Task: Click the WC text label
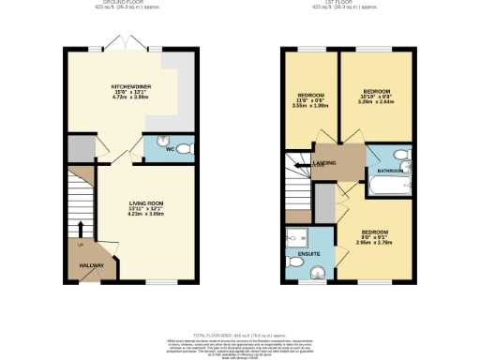171,149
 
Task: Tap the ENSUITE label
305,252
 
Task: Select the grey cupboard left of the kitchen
81,148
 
